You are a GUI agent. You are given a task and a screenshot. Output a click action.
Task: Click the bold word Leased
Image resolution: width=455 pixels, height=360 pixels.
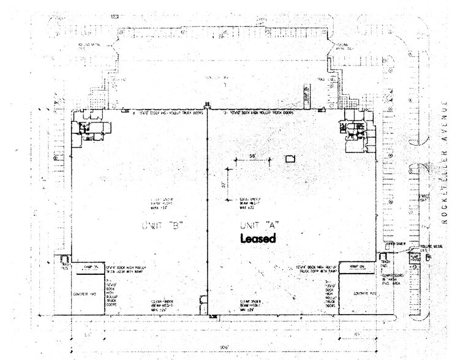258,239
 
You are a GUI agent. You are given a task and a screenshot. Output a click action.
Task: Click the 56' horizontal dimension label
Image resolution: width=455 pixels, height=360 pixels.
252,156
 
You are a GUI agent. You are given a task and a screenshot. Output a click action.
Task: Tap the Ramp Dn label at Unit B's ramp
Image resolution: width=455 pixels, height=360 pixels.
84,266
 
